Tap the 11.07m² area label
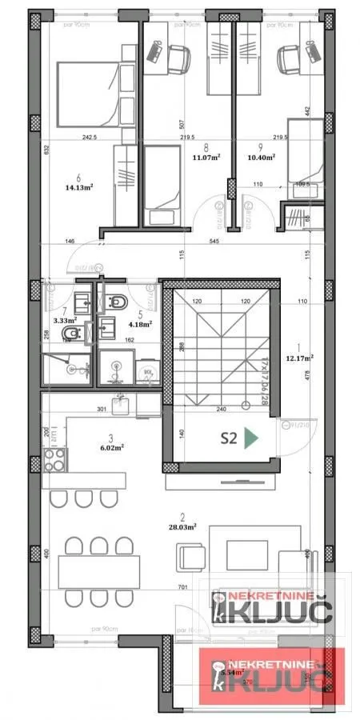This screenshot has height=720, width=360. pyautogui.click(x=207, y=158)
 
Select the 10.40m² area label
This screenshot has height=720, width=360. pyautogui.click(x=261, y=158)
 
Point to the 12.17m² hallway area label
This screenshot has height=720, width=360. pyautogui.click(x=300, y=358)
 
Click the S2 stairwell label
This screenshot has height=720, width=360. pyautogui.click(x=229, y=437)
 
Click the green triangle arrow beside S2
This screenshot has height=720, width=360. pyautogui.click(x=251, y=437)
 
